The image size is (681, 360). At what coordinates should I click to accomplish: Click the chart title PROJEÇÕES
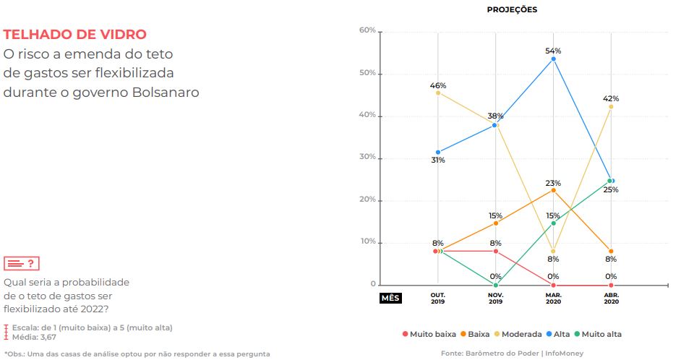(x=512, y=9)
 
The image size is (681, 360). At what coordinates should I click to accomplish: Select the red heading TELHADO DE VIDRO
(x=74, y=34)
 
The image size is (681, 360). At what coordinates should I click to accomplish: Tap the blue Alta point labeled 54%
(x=553, y=59)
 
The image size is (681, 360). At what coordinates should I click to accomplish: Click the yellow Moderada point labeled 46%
(x=438, y=93)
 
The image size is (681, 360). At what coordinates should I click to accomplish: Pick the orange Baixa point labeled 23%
(x=553, y=190)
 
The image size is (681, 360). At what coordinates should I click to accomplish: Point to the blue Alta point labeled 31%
(x=438, y=153)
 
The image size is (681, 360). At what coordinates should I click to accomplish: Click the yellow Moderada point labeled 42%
(x=611, y=107)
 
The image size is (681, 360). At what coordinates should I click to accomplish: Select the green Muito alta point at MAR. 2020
(x=553, y=223)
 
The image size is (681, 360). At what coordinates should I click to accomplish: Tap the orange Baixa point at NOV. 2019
(x=495, y=223)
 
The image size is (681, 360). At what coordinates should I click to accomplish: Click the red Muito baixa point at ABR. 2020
(x=611, y=286)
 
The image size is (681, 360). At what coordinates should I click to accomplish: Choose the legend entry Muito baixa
(x=429, y=334)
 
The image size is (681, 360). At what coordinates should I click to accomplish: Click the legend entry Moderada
(x=518, y=334)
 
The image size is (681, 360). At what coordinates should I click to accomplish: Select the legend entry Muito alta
(x=598, y=334)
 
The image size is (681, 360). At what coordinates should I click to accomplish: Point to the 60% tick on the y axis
(x=367, y=30)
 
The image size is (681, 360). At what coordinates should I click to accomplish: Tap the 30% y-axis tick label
(x=367, y=157)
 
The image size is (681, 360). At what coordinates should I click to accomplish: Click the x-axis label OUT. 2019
(x=438, y=299)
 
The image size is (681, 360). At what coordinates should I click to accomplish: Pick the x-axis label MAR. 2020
(x=553, y=299)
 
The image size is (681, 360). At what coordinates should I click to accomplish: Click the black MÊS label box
(x=390, y=298)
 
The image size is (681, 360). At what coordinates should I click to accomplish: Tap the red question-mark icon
(x=22, y=264)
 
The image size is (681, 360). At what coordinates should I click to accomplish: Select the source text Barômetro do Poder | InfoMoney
(x=524, y=353)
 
